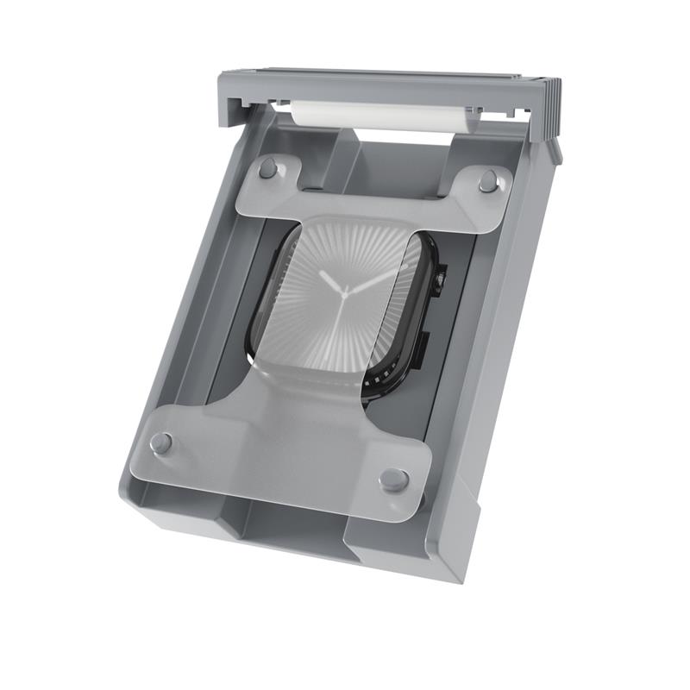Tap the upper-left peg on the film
[268, 167]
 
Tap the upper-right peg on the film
[489, 180]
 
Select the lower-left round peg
[160, 443]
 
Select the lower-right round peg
[394, 480]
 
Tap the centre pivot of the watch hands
[347, 294]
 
